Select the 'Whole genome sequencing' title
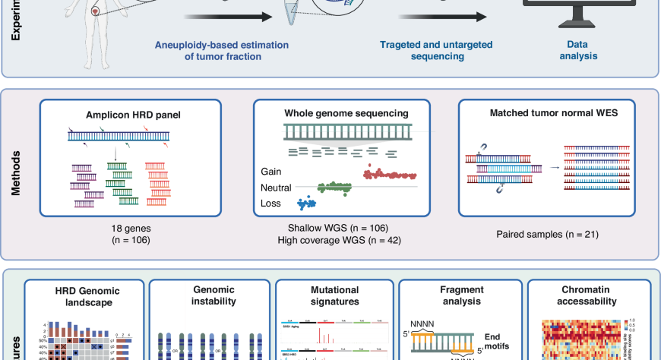click(x=346, y=113)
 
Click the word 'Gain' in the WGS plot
click(x=271, y=172)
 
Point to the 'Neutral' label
click(x=277, y=188)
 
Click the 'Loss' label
click(x=270, y=204)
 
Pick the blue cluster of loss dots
click(x=307, y=203)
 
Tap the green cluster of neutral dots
click(x=334, y=186)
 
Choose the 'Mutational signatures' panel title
click(x=334, y=295)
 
